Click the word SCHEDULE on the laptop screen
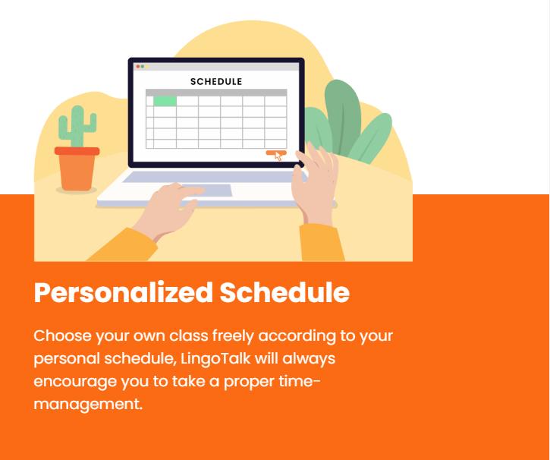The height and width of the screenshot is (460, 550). click(216, 82)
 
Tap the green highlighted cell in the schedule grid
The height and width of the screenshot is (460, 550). click(165, 101)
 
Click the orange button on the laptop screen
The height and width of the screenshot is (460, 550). click(276, 153)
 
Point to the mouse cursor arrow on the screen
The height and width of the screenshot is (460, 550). click(278, 156)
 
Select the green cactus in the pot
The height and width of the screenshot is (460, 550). click(77, 126)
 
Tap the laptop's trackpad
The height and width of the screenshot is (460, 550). click(207, 191)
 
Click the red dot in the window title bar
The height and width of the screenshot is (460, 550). click(138, 66)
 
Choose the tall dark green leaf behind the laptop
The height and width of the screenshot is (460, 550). click(343, 116)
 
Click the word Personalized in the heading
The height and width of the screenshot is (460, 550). click(124, 293)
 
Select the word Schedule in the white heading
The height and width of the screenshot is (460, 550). click(284, 293)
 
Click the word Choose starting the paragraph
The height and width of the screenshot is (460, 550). click(62, 336)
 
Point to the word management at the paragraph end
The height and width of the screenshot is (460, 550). click(88, 405)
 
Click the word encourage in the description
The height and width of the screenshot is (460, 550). click(75, 382)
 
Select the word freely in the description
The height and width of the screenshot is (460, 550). click(233, 336)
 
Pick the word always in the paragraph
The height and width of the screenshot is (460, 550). click(309, 359)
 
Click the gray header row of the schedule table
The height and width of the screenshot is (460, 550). click(216, 93)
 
